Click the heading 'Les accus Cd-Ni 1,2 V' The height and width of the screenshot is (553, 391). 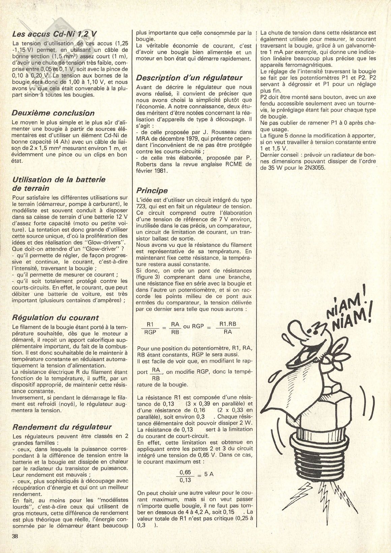54,34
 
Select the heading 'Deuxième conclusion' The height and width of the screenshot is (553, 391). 53,113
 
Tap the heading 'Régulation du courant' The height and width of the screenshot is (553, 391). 55,318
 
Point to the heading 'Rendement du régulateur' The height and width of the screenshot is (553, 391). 62,427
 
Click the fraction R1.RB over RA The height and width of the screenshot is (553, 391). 228,328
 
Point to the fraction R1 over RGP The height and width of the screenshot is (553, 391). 150,328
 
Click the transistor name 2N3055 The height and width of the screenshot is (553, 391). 313,168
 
